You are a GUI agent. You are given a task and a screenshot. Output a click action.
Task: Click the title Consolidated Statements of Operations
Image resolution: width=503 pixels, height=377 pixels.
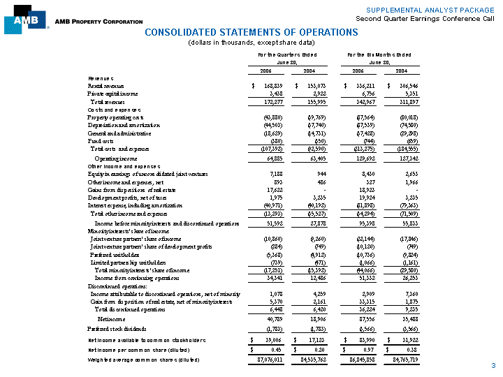(x=251, y=33)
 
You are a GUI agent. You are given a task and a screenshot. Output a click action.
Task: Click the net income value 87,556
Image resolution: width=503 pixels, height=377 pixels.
(x=358, y=318)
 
